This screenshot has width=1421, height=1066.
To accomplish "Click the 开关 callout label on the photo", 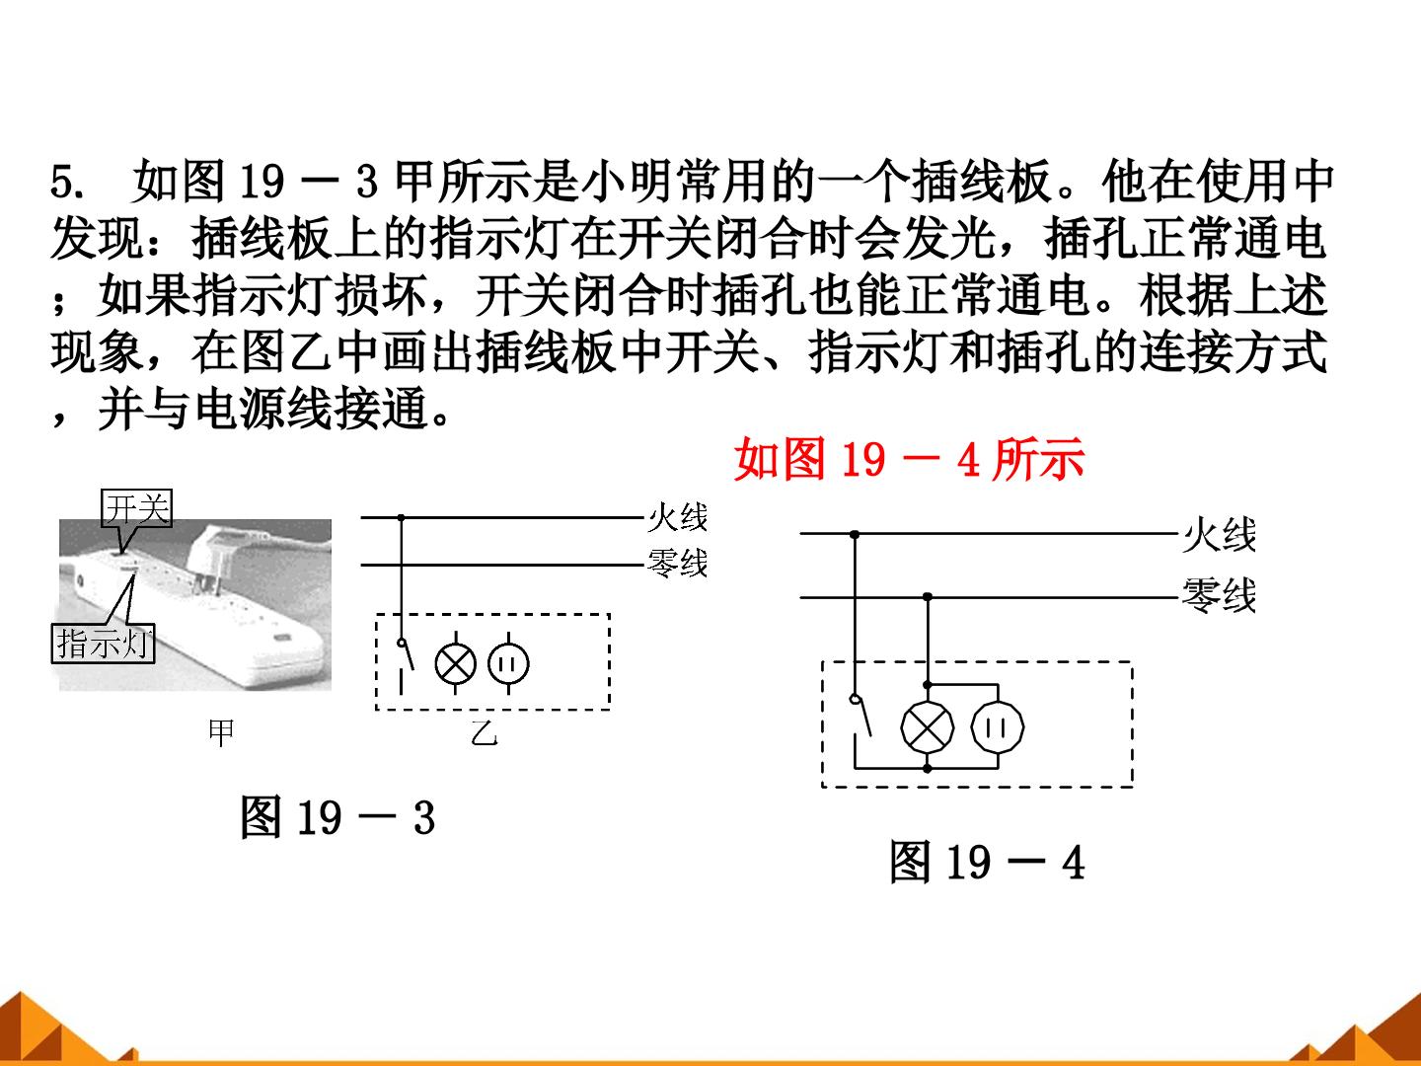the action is click(x=136, y=508).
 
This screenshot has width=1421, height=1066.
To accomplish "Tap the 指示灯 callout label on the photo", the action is click(x=103, y=644).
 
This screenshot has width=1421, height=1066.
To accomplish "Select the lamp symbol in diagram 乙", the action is click(x=456, y=664).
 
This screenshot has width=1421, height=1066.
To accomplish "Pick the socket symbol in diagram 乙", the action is click(x=508, y=664).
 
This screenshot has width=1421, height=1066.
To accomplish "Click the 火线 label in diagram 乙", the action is click(x=678, y=517).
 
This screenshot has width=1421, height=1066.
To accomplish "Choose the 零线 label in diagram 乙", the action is click(x=678, y=563).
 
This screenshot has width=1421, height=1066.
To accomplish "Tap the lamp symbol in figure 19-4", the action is click(x=927, y=726).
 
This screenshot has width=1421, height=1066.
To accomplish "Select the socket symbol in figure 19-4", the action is click(x=998, y=727).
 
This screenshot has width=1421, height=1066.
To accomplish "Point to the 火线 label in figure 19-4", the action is click(x=1219, y=535).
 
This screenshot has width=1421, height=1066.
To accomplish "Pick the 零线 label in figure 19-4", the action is click(x=1219, y=595).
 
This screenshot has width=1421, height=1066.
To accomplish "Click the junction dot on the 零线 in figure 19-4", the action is click(x=927, y=596).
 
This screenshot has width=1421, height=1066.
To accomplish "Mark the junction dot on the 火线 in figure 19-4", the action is click(x=855, y=534).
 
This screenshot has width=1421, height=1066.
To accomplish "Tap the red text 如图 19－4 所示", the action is click(x=910, y=459).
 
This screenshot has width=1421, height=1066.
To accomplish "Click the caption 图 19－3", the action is click(x=337, y=817).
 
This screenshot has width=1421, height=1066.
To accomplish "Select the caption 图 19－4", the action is click(x=987, y=862).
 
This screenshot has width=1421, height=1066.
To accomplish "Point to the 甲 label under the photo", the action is click(x=221, y=732).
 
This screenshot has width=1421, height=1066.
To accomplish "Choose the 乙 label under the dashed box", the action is click(x=485, y=732).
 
